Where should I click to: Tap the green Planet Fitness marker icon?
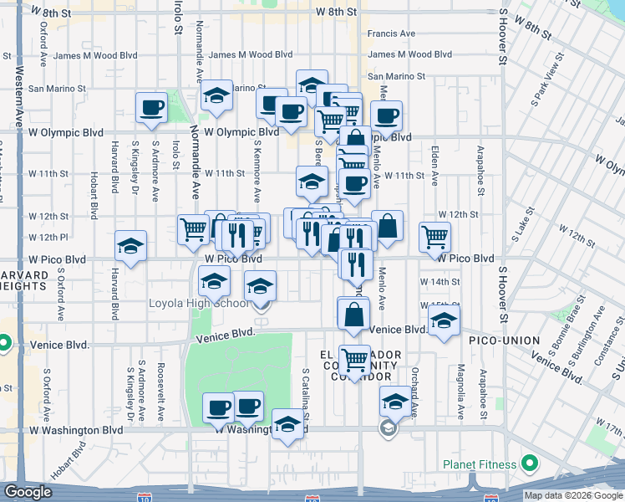click(x=529, y=463)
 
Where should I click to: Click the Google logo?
click(x=28, y=492)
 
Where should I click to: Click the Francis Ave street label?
click(x=392, y=34)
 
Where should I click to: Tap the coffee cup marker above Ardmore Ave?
click(x=152, y=108)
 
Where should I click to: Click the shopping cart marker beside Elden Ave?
click(x=435, y=237)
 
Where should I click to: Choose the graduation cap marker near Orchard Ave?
click(x=395, y=402)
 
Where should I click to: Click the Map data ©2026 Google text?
click(x=573, y=495)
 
